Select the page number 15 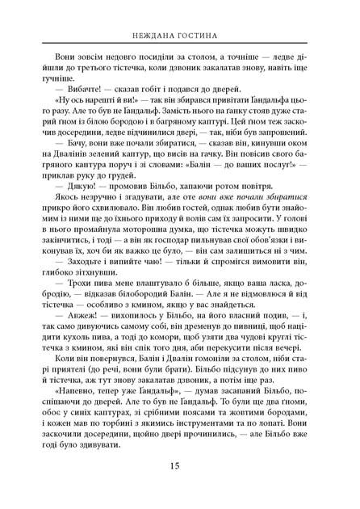point(179,487)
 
